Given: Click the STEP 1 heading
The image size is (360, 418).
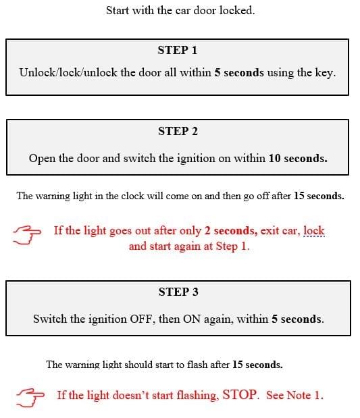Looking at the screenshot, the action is pyautogui.click(x=178, y=50).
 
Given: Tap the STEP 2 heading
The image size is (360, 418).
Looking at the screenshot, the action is pyautogui.click(x=178, y=131).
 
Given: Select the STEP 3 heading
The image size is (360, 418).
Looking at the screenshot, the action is pyautogui.click(x=178, y=292).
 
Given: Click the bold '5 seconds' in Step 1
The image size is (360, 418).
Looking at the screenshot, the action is pyautogui.click(x=239, y=73).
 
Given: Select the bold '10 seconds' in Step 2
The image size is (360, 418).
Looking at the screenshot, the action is pyautogui.click(x=298, y=158).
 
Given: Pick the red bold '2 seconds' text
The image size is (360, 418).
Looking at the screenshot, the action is pyautogui.click(x=230, y=230).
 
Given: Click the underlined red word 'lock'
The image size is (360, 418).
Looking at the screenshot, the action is pyautogui.click(x=314, y=230).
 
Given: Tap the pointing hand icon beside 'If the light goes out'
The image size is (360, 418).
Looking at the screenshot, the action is pyautogui.click(x=26, y=235).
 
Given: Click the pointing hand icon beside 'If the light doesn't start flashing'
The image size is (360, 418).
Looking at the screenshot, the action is pyautogui.click(x=30, y=398).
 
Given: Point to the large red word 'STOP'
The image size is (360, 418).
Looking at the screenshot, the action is pyautogui.click(x=240, y=394).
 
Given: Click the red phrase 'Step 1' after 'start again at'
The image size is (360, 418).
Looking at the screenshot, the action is pyautogui.click(x=231, y=246).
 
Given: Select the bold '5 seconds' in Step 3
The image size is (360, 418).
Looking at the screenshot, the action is pyautogui.click(x=297, y=319).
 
